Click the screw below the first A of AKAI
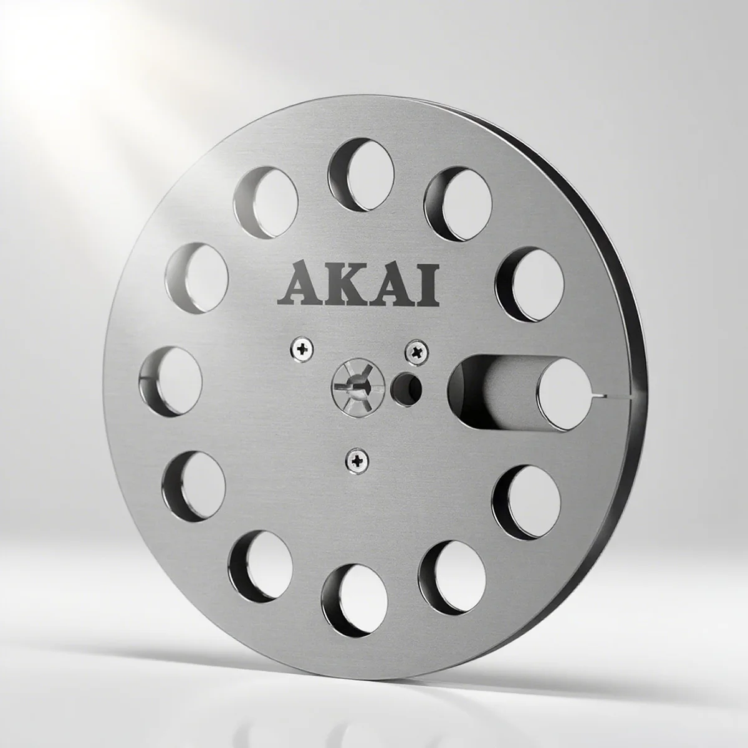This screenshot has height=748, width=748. tap(302, 350)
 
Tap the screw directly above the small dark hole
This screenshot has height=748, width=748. tap(415, 352)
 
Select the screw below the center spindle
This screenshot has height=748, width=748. tap(357, 461)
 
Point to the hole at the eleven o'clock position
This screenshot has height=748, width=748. tap(265, 200)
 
